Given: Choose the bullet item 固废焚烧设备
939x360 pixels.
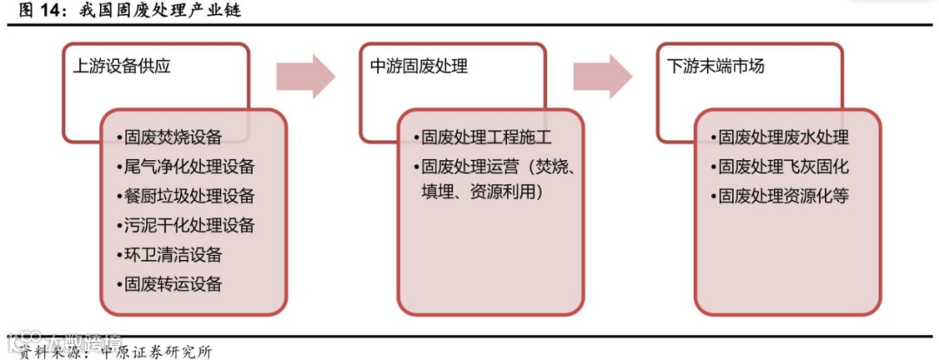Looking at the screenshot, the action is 172,137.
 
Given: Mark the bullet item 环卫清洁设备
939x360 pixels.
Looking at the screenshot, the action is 172,255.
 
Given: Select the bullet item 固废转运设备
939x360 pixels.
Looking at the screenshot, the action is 172,283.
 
